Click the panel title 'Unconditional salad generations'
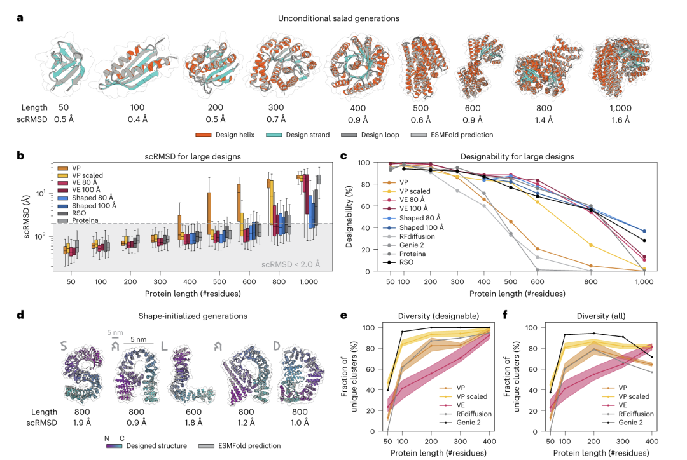click(338, 18)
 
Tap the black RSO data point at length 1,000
click(645, 241)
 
